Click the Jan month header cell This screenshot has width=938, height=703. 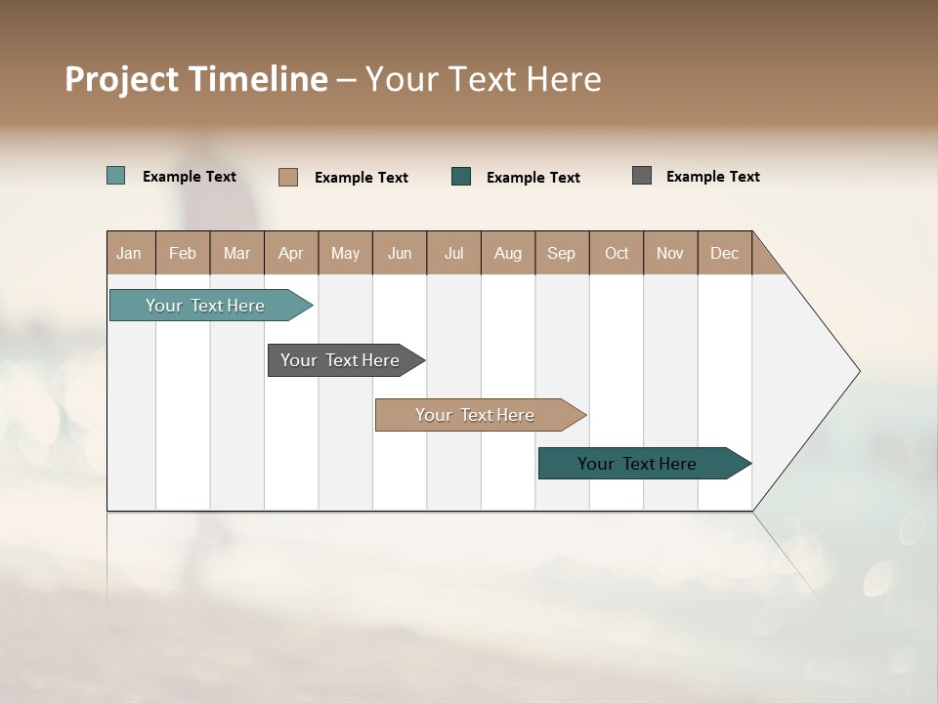pos(130,253)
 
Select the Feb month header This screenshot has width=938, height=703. pos(183,253)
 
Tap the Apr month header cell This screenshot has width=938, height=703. pos(291,253)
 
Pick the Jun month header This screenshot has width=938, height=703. pos(400,253)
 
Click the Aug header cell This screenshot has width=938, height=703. pos(508,253)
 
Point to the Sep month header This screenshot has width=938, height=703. pos(562,253)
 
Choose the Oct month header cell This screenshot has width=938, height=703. pos(617,253)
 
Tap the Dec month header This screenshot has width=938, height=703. pos(725,253)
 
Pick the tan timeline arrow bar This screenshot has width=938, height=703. pos(476,415)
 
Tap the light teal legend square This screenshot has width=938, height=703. pos(116,176)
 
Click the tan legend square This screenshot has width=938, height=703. pos(288,177)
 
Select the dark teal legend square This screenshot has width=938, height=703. pos(461,177)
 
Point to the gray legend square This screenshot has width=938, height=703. pos(642,176)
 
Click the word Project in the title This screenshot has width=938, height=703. pos(121,79)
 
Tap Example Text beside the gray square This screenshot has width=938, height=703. pos(712,177)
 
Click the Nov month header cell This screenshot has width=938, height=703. pos(670,253)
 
